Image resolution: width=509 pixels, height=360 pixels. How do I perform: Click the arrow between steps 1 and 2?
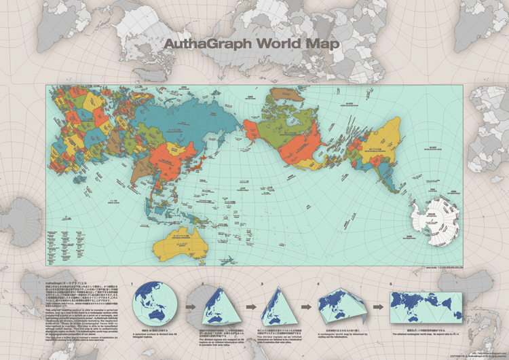click(x=189, y=307)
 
